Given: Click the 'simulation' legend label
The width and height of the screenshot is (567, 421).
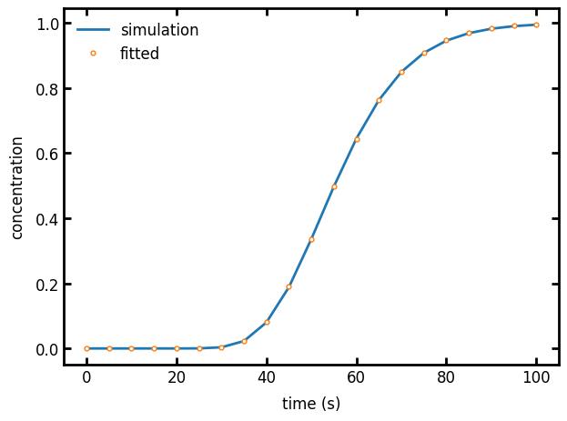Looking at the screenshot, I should pos(159,30).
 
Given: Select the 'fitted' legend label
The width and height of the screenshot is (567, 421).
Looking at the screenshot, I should pos(139,54).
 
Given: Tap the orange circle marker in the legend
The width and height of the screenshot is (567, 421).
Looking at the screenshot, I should pos(93,54).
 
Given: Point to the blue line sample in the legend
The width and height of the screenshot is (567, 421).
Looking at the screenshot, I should pos(93,30).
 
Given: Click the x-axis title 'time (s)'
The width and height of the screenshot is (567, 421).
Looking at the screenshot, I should pos(311,404).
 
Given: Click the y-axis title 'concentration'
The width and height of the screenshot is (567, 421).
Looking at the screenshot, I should pos(17,187).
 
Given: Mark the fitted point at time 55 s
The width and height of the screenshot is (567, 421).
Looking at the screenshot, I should pos(334,186).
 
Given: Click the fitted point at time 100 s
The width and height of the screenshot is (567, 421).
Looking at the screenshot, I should pos(536,25).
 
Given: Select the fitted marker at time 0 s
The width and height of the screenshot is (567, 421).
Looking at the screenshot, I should pos(86,348).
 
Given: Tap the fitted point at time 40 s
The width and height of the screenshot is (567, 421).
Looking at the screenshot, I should pos(267,322).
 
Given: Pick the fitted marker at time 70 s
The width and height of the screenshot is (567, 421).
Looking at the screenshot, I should pos(401,72).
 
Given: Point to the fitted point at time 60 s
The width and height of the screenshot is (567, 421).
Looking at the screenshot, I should pos(357,139).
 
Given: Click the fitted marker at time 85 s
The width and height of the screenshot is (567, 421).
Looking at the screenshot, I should pos(469,33).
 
